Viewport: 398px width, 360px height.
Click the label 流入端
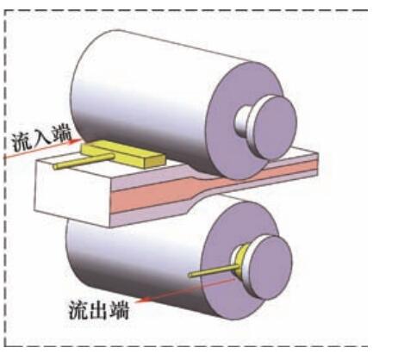pyautogui.click(x=42, y=140)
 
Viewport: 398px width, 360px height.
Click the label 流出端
pyautogui.click(x=99, y=310)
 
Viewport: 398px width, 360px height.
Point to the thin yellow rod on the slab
pyautogui.click(x=84, y=161)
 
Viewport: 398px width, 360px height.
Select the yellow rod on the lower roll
pyautogui.click(x=214, y=271)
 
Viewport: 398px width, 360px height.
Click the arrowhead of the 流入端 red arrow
pyautogui.click(x=77, y=140)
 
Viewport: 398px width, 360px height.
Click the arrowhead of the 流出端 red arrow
pyautogui.click(x=140, y=301)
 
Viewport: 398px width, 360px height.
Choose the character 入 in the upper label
pyautogui.click(x=42, y=140)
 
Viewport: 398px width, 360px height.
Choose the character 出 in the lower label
pyautogui.click(x=99, y=310)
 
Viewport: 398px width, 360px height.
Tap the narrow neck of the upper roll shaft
pyautogui.click(x=243, y=121)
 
